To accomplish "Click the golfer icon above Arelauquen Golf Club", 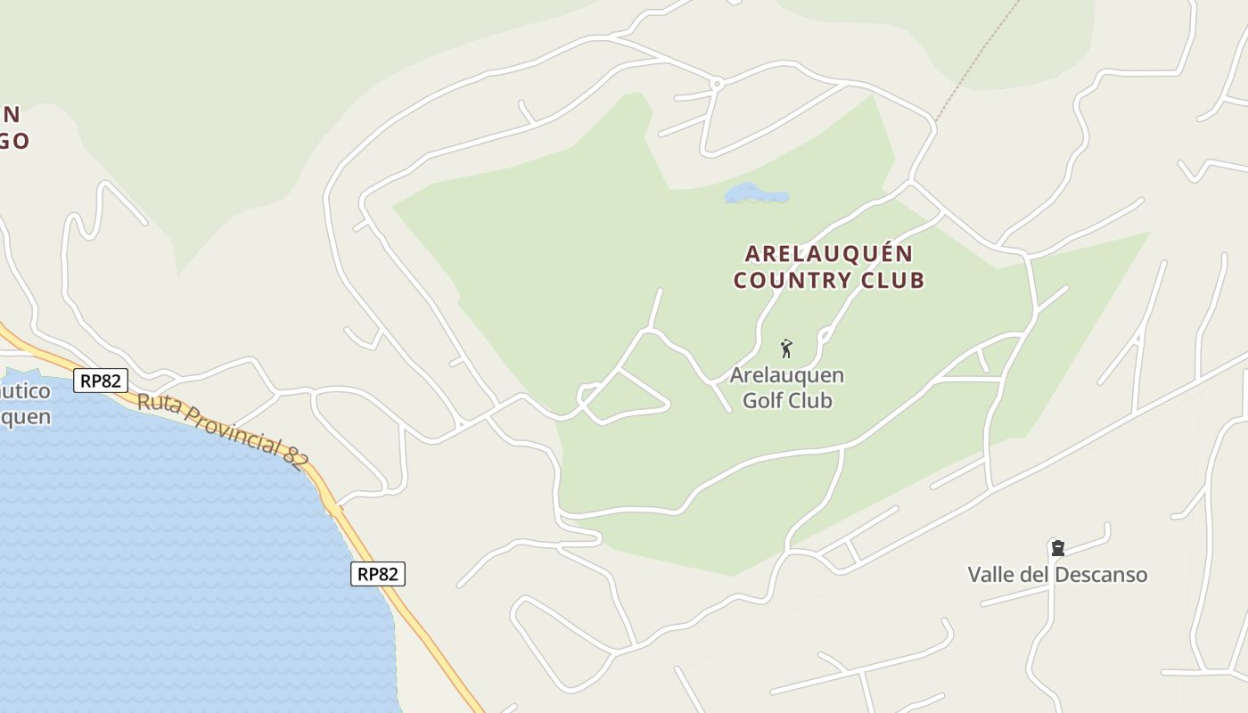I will pyautogui.click(x=786, y=348).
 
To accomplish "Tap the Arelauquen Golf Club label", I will pyautogui.click(x=787, y=388).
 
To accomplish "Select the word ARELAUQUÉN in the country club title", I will pyautogui.click(x=829, y=254).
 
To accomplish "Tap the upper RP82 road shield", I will pyautogui.click(x=100, y=381).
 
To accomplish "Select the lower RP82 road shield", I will pyautogui.click(x=377, y=574).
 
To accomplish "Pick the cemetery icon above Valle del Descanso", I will pyautogui.click(x=1057, y=547).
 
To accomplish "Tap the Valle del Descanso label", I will pyautogui.click(x=1057, y=574).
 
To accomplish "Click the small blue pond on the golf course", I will pyautogui.click(x=755, y=193).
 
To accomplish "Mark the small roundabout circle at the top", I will pyautogui.click(x=716, y=84).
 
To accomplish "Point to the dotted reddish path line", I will pyautogui.click(x=976, y=62).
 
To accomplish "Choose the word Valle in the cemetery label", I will pyautogui.click(x=991, y=574).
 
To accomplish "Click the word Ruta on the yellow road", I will pyautogui.click(x=155, y=403).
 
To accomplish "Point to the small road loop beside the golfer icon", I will pyautogui.click(x=825, y=336).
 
